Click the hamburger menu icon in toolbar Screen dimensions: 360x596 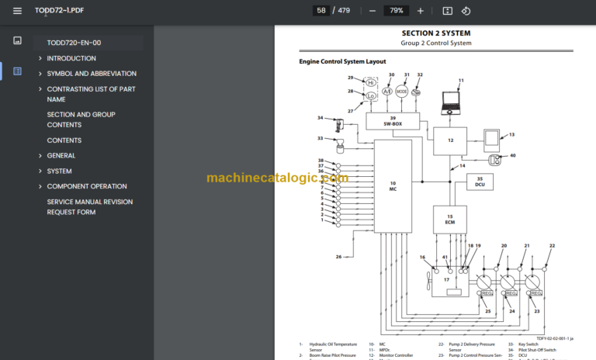(x=17, y=11)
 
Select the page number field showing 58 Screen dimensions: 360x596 (x=321, y=11)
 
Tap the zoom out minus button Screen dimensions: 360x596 (x=372, y=11)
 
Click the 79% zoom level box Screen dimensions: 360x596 (x=396, y=11)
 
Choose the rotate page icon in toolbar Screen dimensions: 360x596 (x=466, y=11)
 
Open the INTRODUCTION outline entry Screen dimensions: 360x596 (x=71, y=58)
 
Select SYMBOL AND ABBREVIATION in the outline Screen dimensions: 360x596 (x=91, y=74)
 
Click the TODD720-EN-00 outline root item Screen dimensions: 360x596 (x=74, y=43)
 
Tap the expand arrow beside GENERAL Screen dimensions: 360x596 (x=40, y=156)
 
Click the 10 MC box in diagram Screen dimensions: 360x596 (x=393, y=185)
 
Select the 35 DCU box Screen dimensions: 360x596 (x=480, y=182)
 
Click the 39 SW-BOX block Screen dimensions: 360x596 (x=393, y=120)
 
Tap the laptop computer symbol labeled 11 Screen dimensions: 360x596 (x=451, y=99)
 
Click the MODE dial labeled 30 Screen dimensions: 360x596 (x=402, y=91)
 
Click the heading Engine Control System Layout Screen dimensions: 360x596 (x=342, y=61)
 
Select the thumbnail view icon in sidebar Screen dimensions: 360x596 (x=17, y=40)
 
